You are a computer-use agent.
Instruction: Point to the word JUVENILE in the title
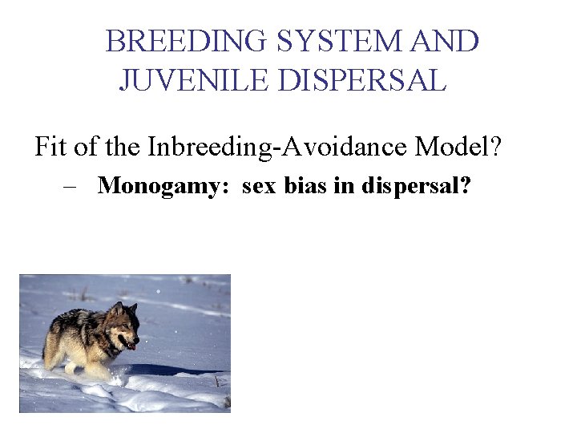(x=193, y=80)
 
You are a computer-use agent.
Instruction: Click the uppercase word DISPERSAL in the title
(x=361, y=80)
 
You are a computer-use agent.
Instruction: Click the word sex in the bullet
(x=258, y=186)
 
